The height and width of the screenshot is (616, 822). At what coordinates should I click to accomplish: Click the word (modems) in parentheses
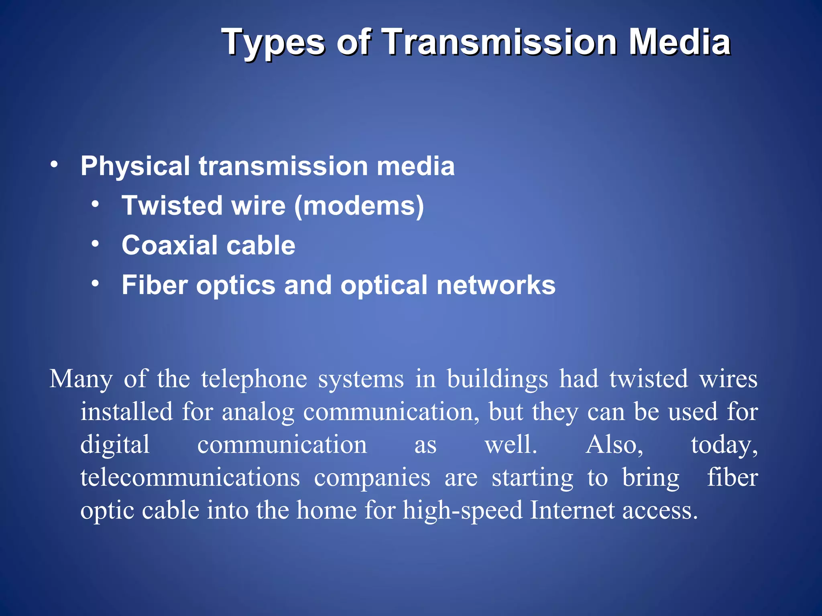[359, 206]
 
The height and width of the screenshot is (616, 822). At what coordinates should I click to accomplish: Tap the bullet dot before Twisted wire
[95, 204]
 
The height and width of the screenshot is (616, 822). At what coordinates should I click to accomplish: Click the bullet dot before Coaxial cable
[95, 243]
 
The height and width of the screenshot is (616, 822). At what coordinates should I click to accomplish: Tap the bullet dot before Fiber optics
[95, 284]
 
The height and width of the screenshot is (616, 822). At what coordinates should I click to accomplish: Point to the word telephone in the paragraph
[254, 379]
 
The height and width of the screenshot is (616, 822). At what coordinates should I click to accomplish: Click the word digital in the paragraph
[115, 446]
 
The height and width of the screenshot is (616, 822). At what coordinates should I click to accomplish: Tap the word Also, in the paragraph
[614, 445]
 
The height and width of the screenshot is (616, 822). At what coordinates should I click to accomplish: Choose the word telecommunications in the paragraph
[190, 478]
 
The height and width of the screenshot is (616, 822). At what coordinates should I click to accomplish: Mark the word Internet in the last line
[572, 511]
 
